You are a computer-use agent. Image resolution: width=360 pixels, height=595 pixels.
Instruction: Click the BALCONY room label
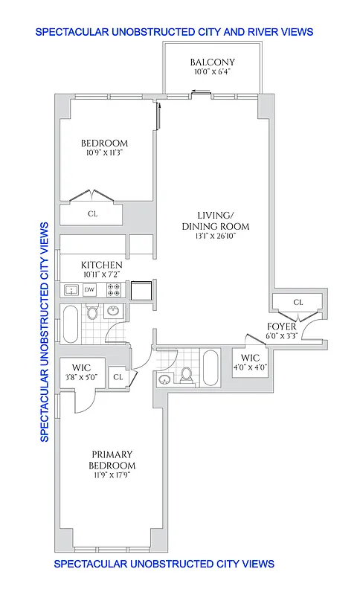212,62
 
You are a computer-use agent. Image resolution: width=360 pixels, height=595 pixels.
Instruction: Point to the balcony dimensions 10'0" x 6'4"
212,72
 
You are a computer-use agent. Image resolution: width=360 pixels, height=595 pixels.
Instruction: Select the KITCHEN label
102,265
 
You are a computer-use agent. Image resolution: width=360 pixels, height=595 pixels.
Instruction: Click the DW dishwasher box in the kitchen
89,289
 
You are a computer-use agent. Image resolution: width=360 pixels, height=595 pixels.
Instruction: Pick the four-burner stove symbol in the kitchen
115,289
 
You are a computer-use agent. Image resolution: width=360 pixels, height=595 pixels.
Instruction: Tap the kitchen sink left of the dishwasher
71,289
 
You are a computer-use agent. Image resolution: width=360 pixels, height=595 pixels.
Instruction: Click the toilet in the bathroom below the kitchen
92,312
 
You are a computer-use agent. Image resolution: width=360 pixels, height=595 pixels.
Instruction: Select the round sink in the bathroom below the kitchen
115,312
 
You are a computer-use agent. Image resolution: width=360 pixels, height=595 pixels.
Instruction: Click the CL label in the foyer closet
298,302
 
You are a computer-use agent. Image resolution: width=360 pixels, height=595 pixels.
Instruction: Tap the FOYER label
282,327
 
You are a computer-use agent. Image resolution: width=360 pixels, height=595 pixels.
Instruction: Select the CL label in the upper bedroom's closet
93,213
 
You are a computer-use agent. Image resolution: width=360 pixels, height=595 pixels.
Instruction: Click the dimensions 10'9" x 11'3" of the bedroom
104,154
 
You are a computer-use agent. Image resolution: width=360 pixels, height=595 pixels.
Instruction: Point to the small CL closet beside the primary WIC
118,378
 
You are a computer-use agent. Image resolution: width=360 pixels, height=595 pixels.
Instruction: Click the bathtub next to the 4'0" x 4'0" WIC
211,367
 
